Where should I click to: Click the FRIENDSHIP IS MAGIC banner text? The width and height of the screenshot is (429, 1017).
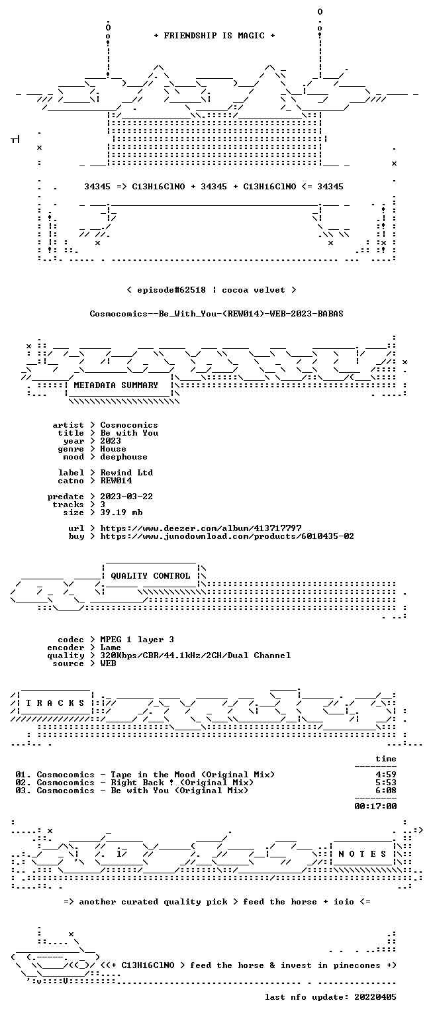pos(215,36)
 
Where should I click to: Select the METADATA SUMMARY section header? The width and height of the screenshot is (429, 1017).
pos(116,385)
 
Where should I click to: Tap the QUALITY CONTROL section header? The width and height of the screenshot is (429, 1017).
pos(150,576)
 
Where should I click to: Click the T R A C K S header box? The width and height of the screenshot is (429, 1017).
pos(56,703)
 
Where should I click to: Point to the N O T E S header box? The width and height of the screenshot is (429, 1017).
pos(362,854)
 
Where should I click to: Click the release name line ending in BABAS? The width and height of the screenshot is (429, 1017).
pos(216,314)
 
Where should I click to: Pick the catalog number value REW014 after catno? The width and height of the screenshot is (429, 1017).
pos(117,481)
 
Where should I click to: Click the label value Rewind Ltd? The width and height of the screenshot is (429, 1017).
pos(126,473)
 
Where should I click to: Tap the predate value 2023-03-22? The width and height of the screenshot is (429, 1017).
pos(126,497)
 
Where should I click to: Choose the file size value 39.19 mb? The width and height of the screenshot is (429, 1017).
pos(121,512)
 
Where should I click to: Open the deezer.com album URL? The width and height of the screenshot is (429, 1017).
pos(201,528)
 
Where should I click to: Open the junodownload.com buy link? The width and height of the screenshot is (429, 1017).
pos(227,536)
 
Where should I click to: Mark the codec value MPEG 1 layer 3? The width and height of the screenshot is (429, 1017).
pos(137,640)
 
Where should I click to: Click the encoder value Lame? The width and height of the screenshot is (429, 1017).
pos(111,648)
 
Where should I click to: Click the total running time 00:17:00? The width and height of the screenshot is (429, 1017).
pos(375,806)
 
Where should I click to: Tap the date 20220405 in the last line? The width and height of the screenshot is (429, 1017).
pos(375,997)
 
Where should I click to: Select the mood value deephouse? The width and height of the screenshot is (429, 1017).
pos(124,457)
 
